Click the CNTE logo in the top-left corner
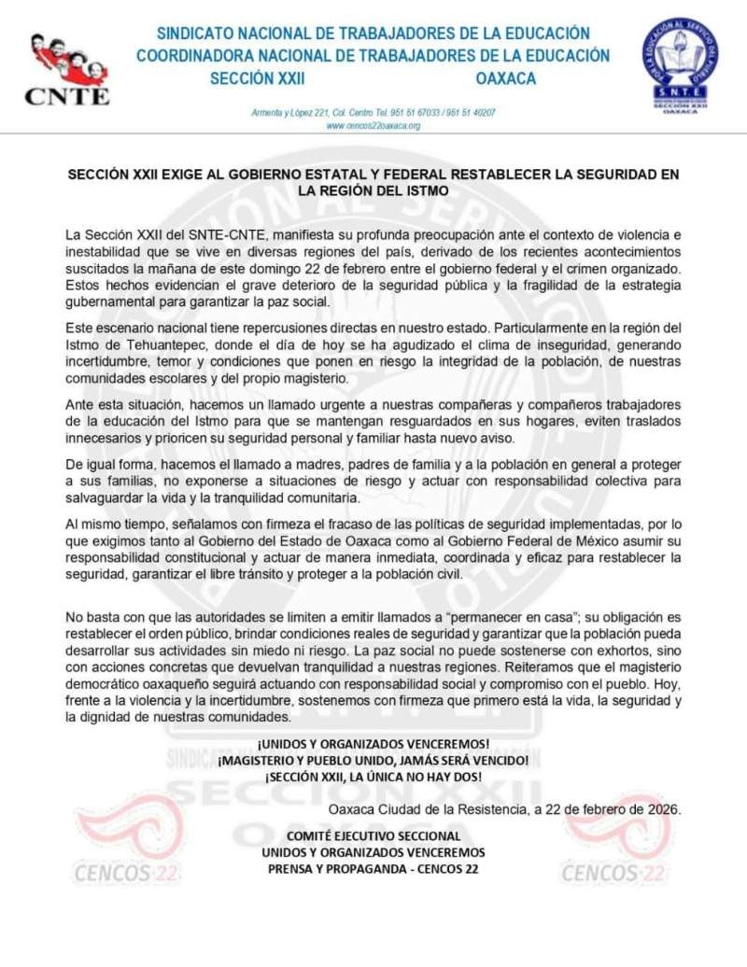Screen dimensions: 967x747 click(x=66, y=70)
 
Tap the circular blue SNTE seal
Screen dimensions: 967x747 click(x=679, y=65)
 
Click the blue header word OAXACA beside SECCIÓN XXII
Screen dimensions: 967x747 click(x=505, y=78)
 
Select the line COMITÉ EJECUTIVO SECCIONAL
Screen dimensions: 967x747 click(x=373, y=836)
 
